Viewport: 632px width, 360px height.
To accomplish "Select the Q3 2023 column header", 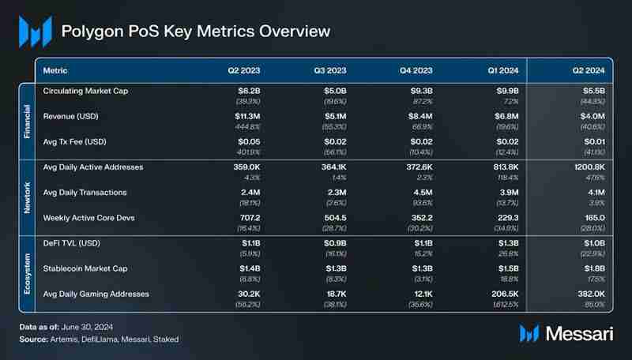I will click(x=331, y=70).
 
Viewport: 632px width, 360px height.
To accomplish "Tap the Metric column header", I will click(x=55, y=70).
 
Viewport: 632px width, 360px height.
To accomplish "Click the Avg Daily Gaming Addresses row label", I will click(x=96, y=294).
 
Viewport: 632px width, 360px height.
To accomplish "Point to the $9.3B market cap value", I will click(x=417, y=92).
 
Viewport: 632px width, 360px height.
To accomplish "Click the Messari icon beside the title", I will click(x=35, y=32).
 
